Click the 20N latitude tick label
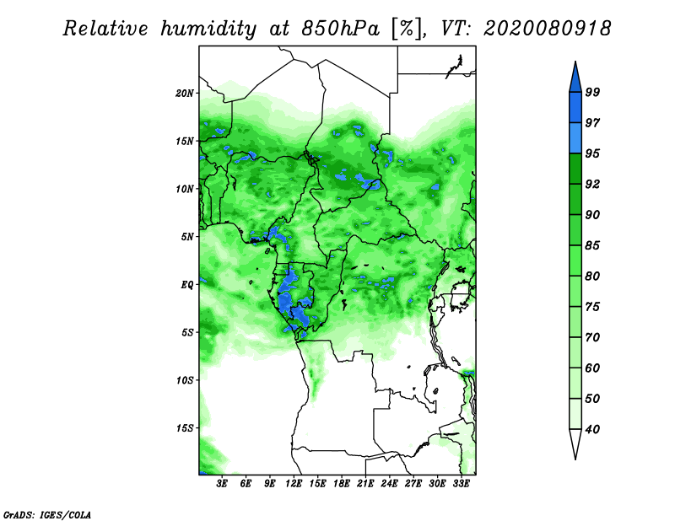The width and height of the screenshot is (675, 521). pyautogui.click(x=185, y=93)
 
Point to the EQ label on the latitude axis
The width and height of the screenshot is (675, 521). pyautogui.click(x=186, y=284)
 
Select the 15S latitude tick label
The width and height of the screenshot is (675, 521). pyautogui.click(x=185, y=428)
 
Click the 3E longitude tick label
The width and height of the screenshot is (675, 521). pyautogui.click(x=223, y=484)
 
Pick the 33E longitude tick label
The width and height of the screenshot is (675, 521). pyautogui.click(x=461, y=484)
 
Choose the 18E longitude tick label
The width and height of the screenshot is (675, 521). pyautogui.click(x=342, y=484)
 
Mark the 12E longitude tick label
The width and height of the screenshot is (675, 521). pyautogui.click(x=294, y=484)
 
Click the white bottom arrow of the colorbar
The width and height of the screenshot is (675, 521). pyautogui.click(x=575, y=443)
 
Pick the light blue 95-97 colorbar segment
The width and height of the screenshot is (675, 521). pyautogui.click(x=575, y=137)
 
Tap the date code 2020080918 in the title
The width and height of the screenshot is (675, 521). pyautogui.click(x=547, y=30)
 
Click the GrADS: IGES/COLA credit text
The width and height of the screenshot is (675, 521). pyautogui.click(x=46, y=513)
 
